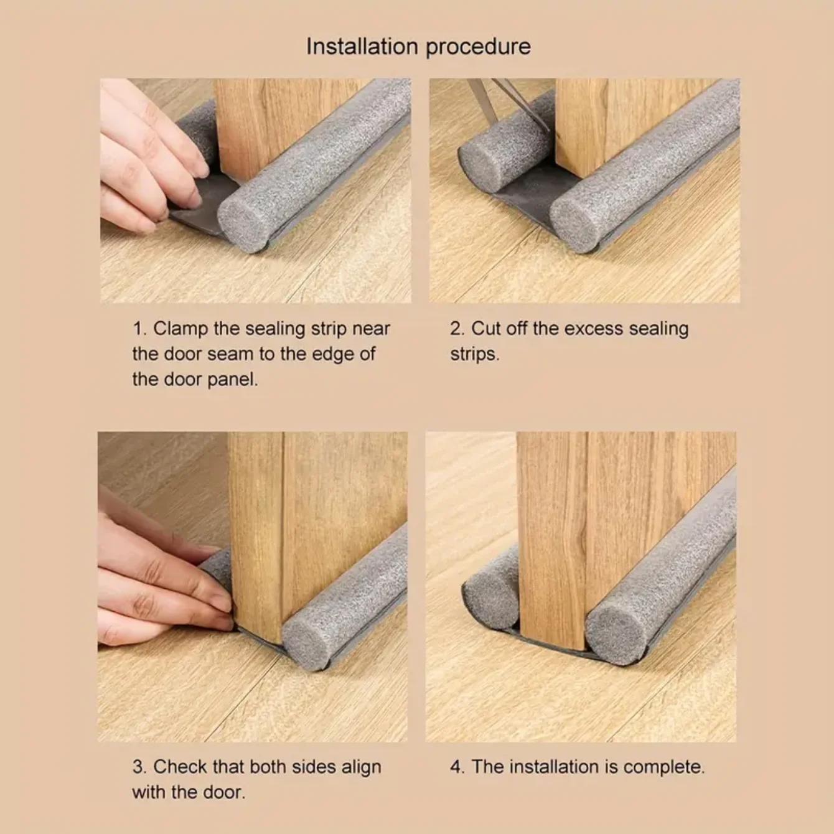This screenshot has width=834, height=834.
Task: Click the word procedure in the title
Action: [479, 47]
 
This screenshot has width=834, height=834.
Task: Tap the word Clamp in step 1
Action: [181, 329]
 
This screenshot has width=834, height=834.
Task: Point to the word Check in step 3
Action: [180, 767]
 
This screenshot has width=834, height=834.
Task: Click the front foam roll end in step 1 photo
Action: [243, 221]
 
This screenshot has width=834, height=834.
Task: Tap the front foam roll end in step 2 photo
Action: [576, 221]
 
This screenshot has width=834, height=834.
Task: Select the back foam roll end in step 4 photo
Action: [490, 601]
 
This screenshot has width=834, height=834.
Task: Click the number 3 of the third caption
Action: [138, 767]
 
